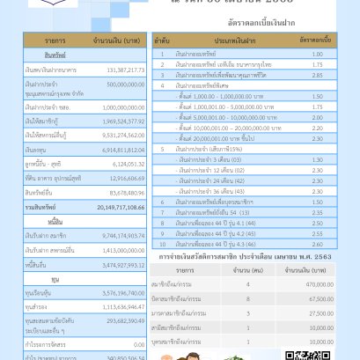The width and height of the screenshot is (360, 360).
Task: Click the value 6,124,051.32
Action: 122,188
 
